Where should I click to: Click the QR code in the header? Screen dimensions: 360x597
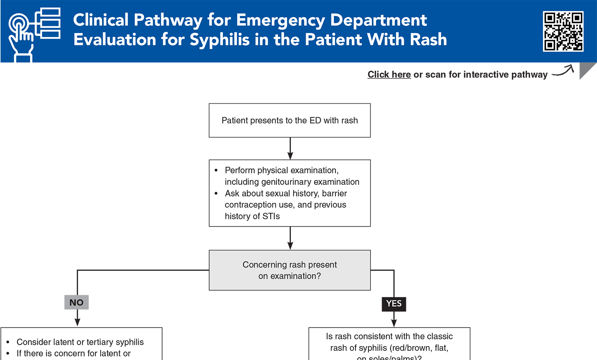563,31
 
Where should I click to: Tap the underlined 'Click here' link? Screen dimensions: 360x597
389,75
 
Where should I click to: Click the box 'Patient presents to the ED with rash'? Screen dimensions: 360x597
290,121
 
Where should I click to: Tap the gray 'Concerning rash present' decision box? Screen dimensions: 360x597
290,270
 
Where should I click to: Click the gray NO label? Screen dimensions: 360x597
76,302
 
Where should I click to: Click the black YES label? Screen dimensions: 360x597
394,304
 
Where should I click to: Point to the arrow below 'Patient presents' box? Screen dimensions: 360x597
290,149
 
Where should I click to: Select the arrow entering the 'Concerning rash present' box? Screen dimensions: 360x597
290,239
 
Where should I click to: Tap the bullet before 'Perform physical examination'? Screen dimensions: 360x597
216,171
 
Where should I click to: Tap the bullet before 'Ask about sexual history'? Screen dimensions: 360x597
216,194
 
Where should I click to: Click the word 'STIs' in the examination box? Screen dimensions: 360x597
271,216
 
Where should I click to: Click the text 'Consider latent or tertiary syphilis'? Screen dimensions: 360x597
80,342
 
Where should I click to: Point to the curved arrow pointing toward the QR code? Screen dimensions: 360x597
563,71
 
